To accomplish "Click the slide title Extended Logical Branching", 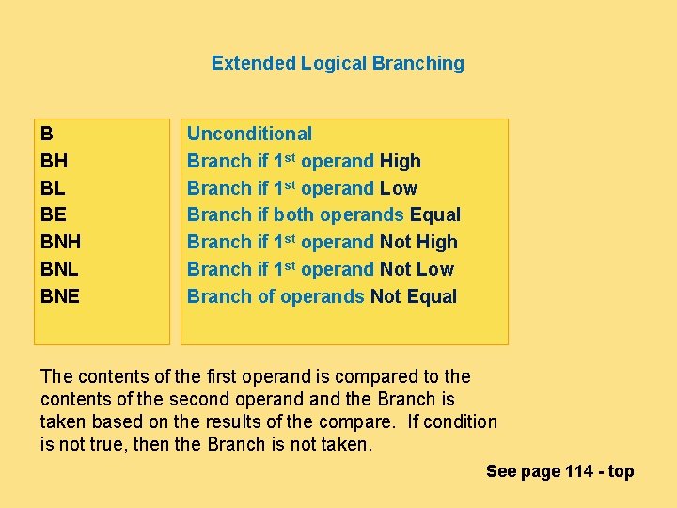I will pos(338,63).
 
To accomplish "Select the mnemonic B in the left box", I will pos(47,134).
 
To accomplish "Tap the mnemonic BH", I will pos(54,161).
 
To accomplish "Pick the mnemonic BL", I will pos(53,188).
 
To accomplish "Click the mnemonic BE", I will pos(54,214).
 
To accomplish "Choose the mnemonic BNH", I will pos(60,242).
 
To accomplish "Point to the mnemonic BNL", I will pos(59,269).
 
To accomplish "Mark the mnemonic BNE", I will pos(60,296).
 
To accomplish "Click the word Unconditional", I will pos(249,134).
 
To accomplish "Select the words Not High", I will pos(418,242).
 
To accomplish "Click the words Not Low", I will pos(417,269).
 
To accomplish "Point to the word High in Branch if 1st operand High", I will pos(401,161).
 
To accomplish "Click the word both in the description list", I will pos(293,214).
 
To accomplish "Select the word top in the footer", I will pos(621,471).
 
